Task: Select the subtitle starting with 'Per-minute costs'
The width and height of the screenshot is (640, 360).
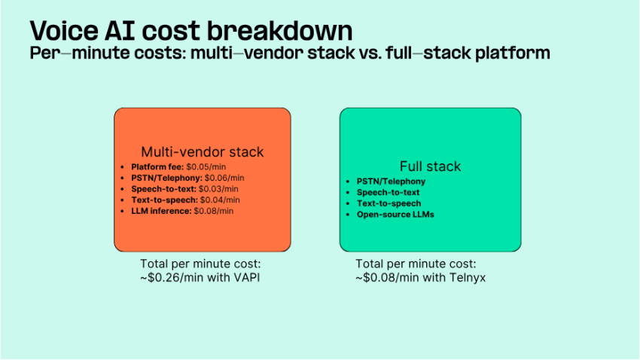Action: tap(289, 53)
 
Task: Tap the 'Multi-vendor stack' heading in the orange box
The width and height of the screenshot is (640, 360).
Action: tap(202, 152)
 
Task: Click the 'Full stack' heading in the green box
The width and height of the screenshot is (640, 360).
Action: tap(430, 166)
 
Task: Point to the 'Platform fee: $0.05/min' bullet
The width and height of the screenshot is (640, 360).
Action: tap(182, 166)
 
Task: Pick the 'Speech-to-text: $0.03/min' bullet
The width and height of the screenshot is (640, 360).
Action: tap(184, 188)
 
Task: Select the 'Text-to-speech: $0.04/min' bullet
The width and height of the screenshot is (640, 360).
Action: tap(185, 200)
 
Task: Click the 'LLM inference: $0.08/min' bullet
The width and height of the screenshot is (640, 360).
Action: tap(182, 211)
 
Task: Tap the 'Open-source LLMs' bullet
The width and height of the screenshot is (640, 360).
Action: tap(395, 215)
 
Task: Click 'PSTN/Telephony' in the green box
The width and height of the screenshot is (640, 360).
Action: tap(391, 182)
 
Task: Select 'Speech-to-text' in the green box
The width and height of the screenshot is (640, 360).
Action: tap(389, 193)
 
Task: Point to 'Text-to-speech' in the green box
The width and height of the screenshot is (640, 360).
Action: tap(389, 203)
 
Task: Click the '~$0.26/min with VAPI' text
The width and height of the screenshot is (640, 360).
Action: tap(200, 276)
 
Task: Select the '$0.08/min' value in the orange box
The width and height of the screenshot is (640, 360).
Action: tap(214, 211)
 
